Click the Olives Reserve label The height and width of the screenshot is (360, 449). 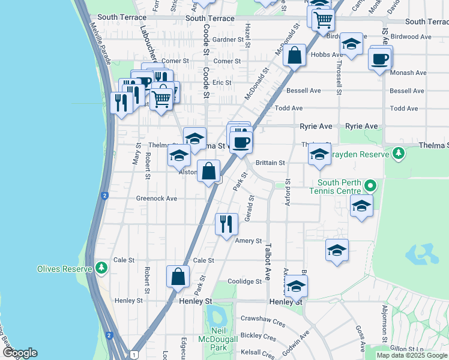pyautogui.click(x=64, y=268)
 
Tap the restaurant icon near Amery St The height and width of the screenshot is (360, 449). pyautogui.click(x=226, y=224)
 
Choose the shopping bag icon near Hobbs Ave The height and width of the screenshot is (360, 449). pyautogui.click(x=295, y=55)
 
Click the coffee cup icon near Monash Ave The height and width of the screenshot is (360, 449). pyautogui.click(x=380, y=59)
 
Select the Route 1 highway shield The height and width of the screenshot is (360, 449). pyautogui.click(x=133, y=354)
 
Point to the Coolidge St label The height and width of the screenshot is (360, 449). pyautogui.click(x=245, y=281)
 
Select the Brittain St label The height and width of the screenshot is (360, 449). pyautogui.click(x=270, y=163)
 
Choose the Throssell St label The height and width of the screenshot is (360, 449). pyautogui.click(x=339, y=78)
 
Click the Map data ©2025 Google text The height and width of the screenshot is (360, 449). pyautogui.click(x=412, y=355)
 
